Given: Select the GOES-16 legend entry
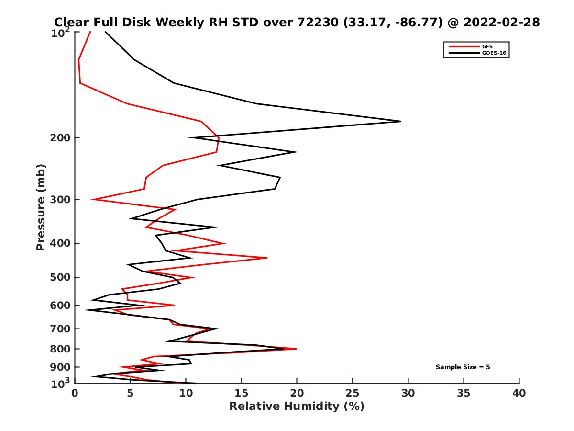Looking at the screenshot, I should click(493, 53).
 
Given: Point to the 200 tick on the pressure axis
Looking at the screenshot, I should click(61, 138).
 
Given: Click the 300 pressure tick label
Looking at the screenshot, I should click(61, 200).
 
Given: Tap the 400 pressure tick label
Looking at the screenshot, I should click(61, 243).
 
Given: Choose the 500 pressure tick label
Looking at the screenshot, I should click(61, 277).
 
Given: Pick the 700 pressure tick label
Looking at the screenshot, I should click(61, 329).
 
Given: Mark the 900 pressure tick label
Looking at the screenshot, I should click(61, 367).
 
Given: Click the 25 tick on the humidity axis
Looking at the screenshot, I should click(353, 393).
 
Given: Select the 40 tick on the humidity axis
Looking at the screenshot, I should click(519, 393).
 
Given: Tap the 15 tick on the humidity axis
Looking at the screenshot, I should click(242, 393).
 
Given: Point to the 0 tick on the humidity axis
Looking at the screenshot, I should click(75, 393).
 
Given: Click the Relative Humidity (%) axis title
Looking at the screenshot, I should click(297, 407).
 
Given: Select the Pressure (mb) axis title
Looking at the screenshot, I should click(41, 207).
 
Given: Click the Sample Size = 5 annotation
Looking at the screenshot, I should click(463, 367).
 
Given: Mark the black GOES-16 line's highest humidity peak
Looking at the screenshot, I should click(400, 121).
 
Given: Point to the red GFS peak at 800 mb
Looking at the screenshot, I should click(296, 349).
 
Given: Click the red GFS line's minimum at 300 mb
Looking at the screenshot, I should click(92, 199).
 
